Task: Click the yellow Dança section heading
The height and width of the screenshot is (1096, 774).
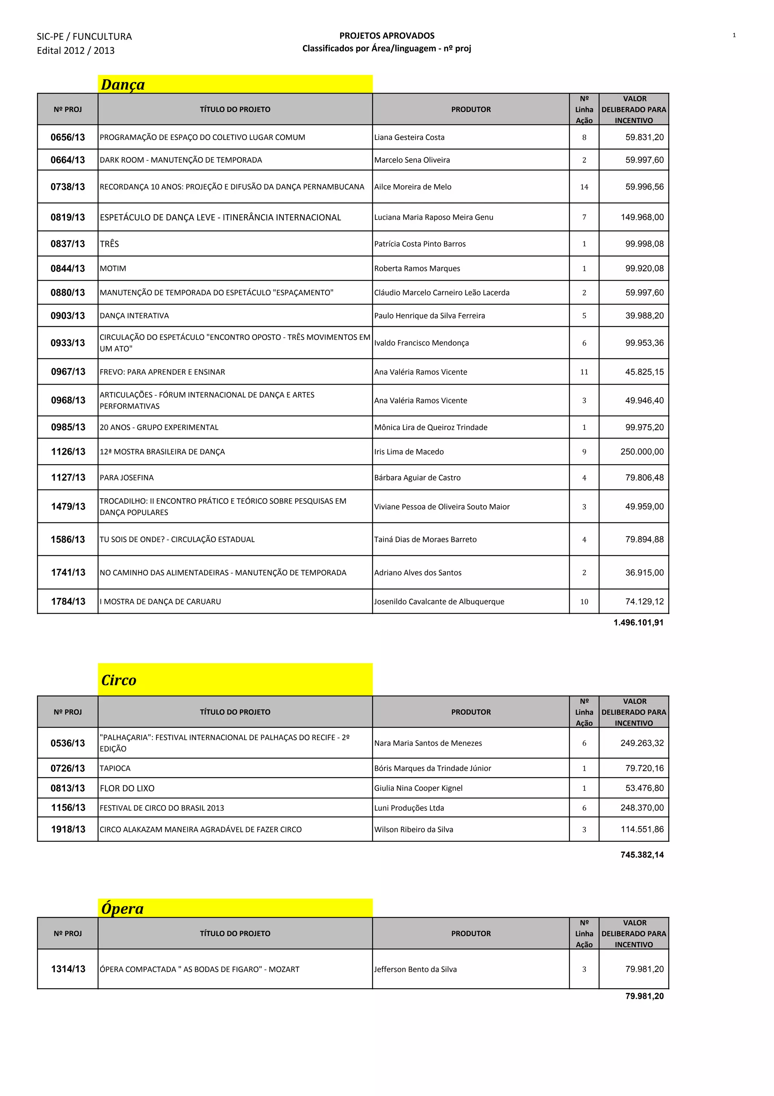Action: pyautogui.click(x=123, y=84)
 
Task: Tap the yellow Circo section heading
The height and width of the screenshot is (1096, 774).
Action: pyautogui.click(x=119, y=680)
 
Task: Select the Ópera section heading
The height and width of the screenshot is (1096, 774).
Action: pyautogui.click(x=122, y=908)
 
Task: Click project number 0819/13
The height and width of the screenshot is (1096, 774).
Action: pyautogui.click(x=68, y=217)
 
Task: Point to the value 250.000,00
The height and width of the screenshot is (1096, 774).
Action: pyautogui.click(x=641, y=452)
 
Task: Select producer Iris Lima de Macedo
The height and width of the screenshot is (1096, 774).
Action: pyautogui.click(x=409, y=452)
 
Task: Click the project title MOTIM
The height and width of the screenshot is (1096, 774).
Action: pyautogui.click(x=113, y=268)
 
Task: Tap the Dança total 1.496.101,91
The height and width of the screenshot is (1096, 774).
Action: pyautogui.click(x=638, y=622)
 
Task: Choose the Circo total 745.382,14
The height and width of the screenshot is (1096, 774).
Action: pyautogui.click(x=642, y=855)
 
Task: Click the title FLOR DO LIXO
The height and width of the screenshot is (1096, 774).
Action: pyautogui.click(x=127, y=788)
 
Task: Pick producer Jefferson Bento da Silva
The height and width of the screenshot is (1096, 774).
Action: pyautogui.click(x=415, y=969)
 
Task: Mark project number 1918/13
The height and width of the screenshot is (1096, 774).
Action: pyautogui.click(x=68, y=829)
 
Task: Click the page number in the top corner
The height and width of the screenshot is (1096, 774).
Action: pyautogui.click(x=734, y=35)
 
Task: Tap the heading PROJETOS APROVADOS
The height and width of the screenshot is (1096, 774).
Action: pyautogui.click(x=387, y=35)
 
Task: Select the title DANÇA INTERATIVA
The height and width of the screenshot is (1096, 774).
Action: pyautogui.click(x=134, y=316)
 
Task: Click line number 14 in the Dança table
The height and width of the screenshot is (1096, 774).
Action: pyautogui.click(x=584, y=187)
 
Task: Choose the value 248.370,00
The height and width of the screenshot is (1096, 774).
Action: pyautogui.click(x=641, y=808)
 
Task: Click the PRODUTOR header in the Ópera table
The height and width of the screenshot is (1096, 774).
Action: pyautogui.click(x=471, y=933)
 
